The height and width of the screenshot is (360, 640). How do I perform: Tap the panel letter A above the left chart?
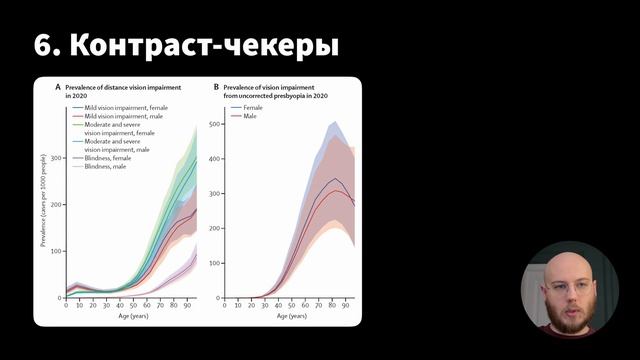[x=57, y=88]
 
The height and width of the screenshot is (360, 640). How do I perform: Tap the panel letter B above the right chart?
[x=216, y=88]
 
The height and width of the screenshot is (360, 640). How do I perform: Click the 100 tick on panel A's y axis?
[x=56, y=250]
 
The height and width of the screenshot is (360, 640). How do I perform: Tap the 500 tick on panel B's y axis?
[x=213, y=123]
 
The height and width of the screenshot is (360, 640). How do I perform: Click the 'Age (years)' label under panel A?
[x=131, y=316]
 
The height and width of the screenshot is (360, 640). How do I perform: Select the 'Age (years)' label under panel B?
[x=291, y=316]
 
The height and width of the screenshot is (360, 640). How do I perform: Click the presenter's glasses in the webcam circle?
[x=567, y=286]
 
